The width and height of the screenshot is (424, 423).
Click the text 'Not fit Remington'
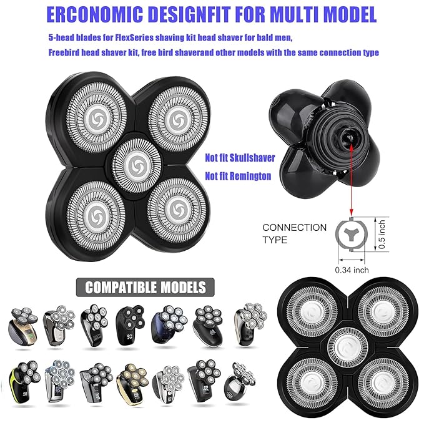coord(238,177)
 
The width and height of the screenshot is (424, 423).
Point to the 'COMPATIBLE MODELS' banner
coord(145,288)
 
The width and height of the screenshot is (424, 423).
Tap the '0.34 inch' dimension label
coord(351,270)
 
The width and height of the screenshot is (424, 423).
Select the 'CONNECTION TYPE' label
coord(294,233)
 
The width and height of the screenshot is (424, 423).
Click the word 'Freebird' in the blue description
coord(64,52)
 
